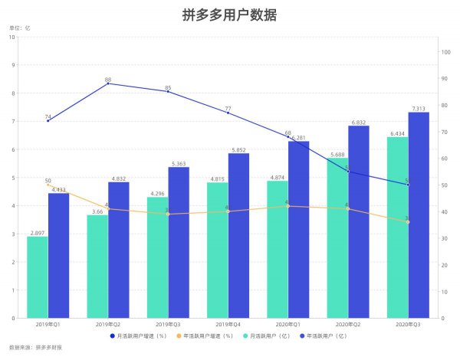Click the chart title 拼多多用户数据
pos(230,15)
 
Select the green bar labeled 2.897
pos(37,277)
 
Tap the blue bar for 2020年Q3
pos(419,214)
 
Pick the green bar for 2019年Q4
pos(218,250)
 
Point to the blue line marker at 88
pos(108,83)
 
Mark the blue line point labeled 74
pos(48,120)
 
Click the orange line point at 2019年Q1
pos(48,185)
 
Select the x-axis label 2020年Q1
pos(287,326)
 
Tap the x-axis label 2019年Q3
pos(168,326)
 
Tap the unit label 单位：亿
pos(20,28)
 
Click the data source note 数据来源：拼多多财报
pos(35,349)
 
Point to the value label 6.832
pos(359,122)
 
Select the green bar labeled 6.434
pos(397,227)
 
